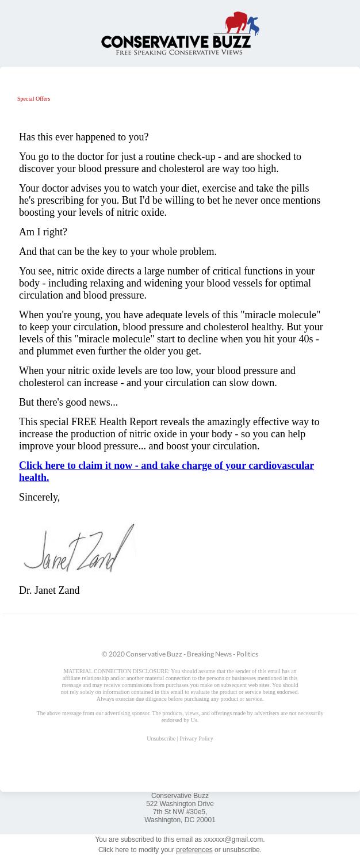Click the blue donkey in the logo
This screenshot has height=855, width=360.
[x=253, y=26]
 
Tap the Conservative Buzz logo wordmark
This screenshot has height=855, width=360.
[x=175, y=41]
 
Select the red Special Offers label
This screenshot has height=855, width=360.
[x=33, y=99]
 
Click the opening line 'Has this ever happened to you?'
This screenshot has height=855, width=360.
[x=83, y=137]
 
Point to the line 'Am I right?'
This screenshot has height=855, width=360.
[x=43, y=232]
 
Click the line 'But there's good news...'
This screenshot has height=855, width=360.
[x=68, y=402]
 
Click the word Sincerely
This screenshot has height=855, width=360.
[x=39, y=497]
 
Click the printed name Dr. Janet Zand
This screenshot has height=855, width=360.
[x=49, y=590]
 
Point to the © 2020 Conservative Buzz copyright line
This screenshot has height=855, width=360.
[x=179, y=654]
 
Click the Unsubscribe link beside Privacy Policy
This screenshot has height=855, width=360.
[x=160, y=739]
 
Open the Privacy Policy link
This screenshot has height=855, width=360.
[x=196, y=739]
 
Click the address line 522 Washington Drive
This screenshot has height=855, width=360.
[x=179, y=804]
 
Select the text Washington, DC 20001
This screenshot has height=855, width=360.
[x=179, y=820]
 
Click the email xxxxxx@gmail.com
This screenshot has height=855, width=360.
[x=233, y=839]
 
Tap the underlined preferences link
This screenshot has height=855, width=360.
[x=194, y=850]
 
